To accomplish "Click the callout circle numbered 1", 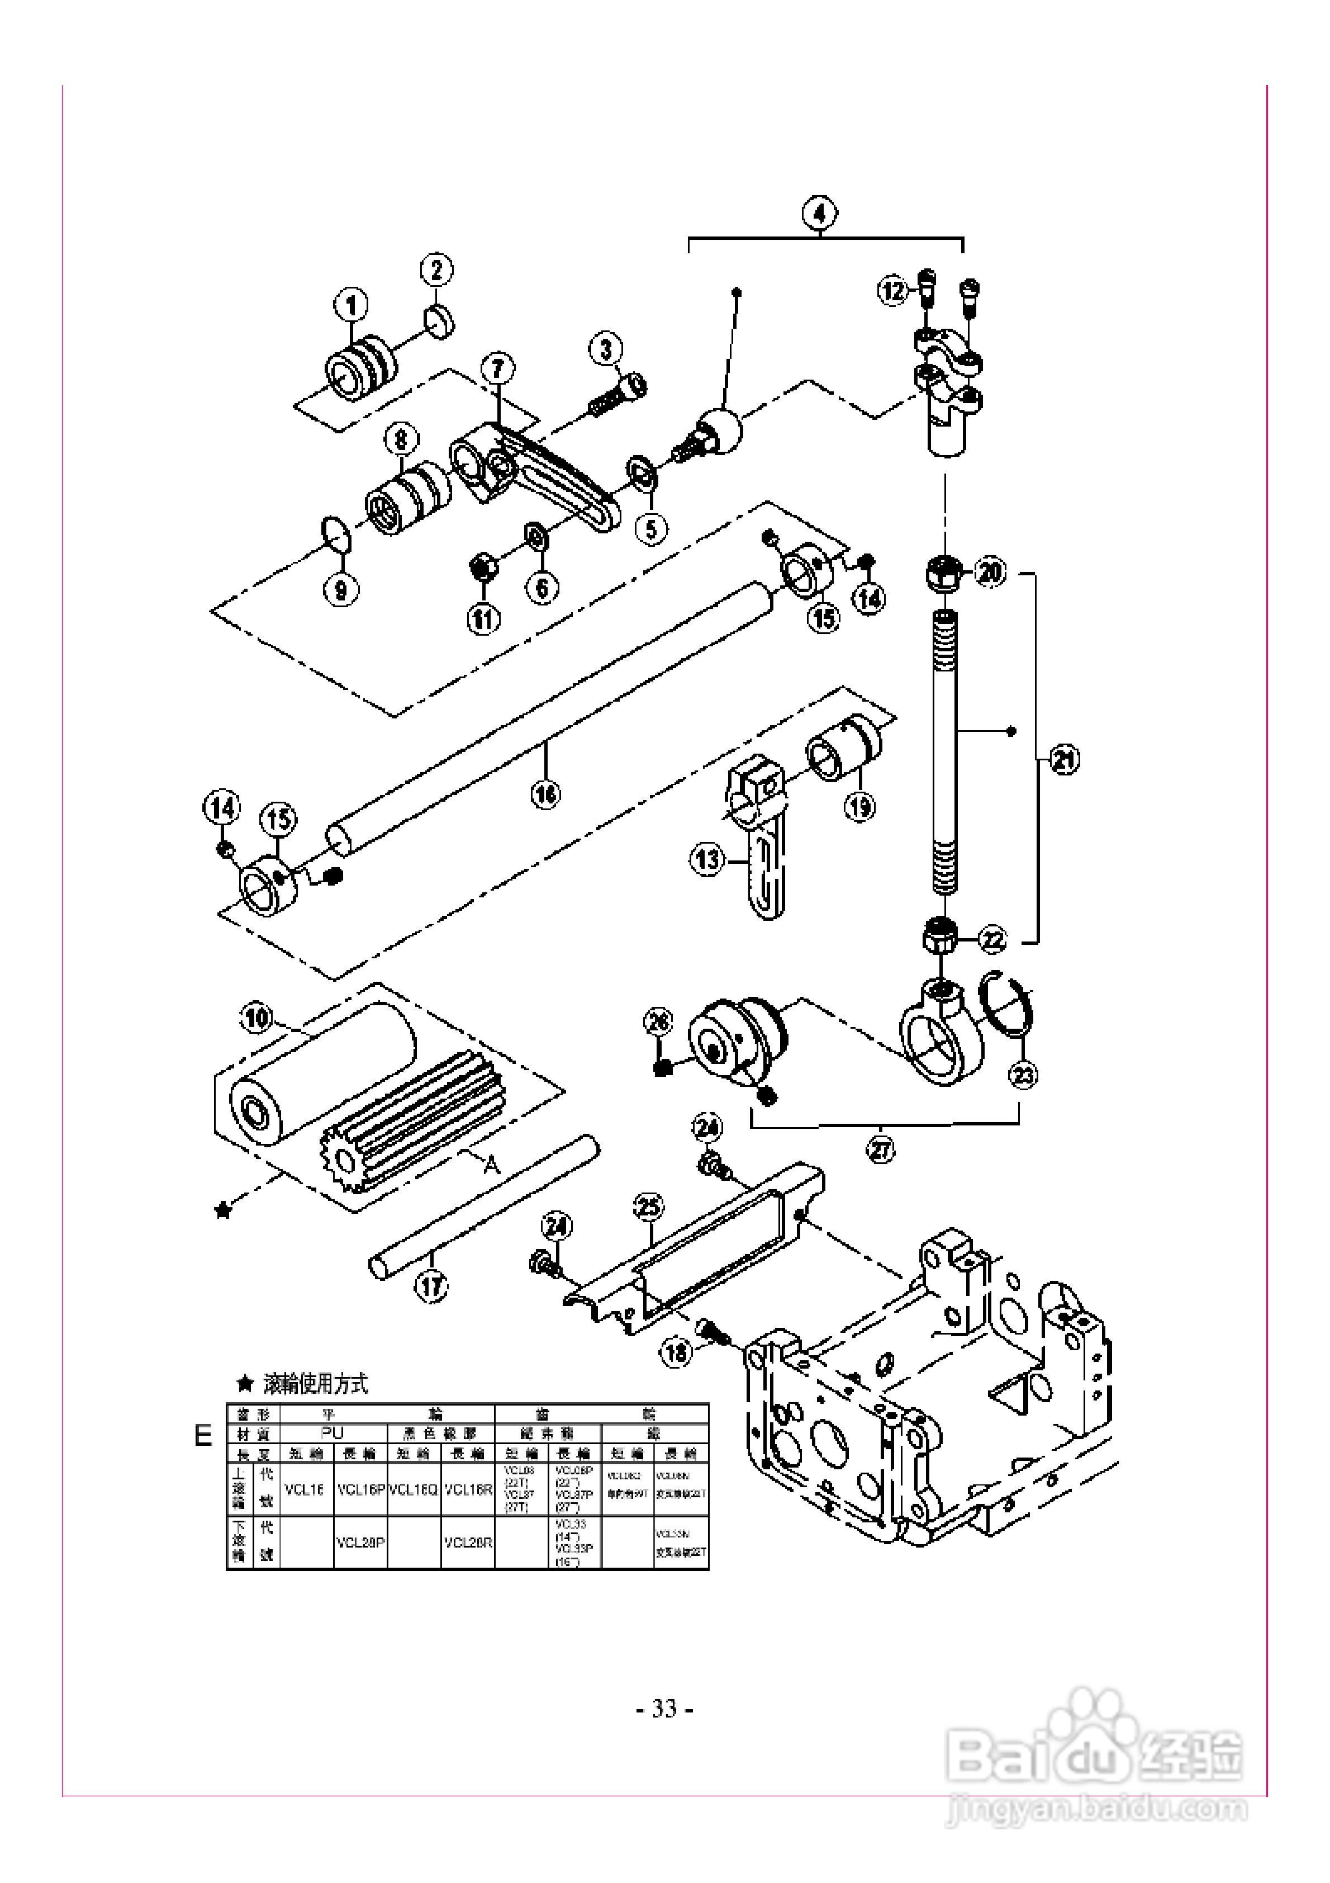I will (351, 307).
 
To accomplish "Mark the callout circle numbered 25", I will (649, 1207).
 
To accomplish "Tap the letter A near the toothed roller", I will (491, 1164).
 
